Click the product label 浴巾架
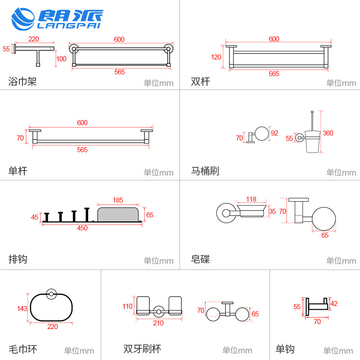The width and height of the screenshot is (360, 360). pyautogui.click(x=22, y=82)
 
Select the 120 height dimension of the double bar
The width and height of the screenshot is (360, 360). pyautogui.click(x=216, y=57)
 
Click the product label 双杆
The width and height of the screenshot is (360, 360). pyautogui.click(x=200, y=82)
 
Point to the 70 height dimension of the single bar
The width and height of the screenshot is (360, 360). pyautogui.click(x=20, y=138)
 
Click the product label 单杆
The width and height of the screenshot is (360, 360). pyautogui.click(x=18, y=171)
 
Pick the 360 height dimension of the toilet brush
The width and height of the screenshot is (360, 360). pyautogui.click(x=328, y=133)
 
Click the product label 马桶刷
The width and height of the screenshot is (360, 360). pyautogui.click(x=205, y=171)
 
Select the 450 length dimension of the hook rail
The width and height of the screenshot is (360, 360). pyautogui.click(x=82, y=228)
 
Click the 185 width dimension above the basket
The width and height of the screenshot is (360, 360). pyautogui.click(x=118, y=200)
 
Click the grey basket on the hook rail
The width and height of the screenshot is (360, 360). pyautogui.click(x=118, y=214)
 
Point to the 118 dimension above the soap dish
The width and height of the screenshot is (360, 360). pyautogui.click(x=251, y=199)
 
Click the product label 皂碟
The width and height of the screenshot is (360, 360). pyautogui.click(x=200, y=260)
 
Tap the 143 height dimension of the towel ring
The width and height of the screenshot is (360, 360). pyautogui.click(x=22, y=309)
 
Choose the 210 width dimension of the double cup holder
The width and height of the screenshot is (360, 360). pyautogui.click(x=158, y=323)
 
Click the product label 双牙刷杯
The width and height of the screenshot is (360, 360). pyautogui.click(x=142, y=349)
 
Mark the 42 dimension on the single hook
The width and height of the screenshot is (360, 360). pyautogui.click(x=334, y=303)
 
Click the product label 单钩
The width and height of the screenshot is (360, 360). pyautogui.click(x=285, y=349)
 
